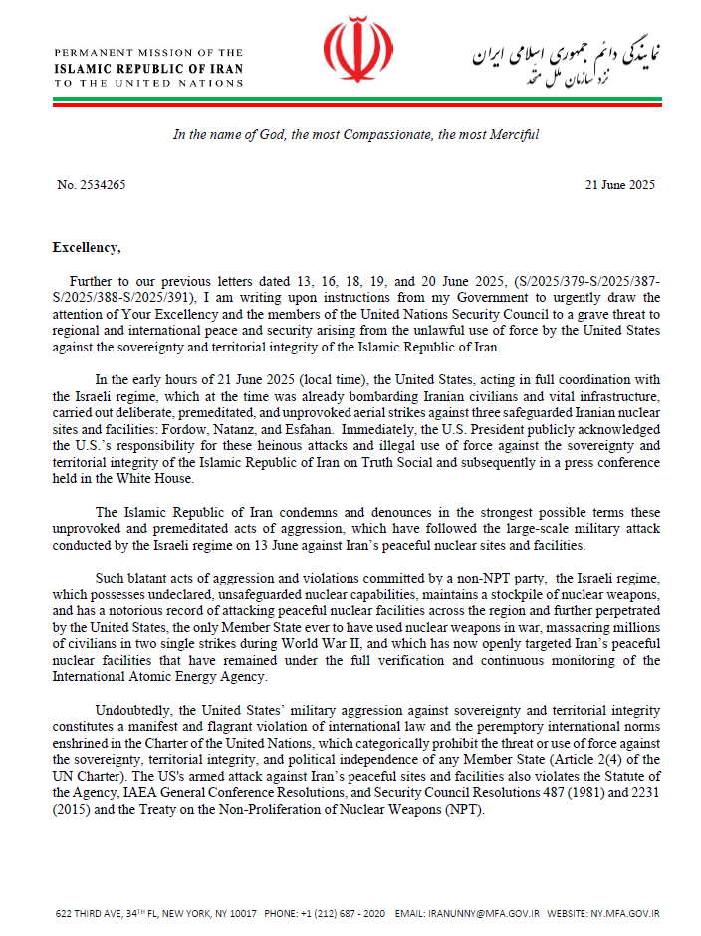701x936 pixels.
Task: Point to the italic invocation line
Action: (355, 135)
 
